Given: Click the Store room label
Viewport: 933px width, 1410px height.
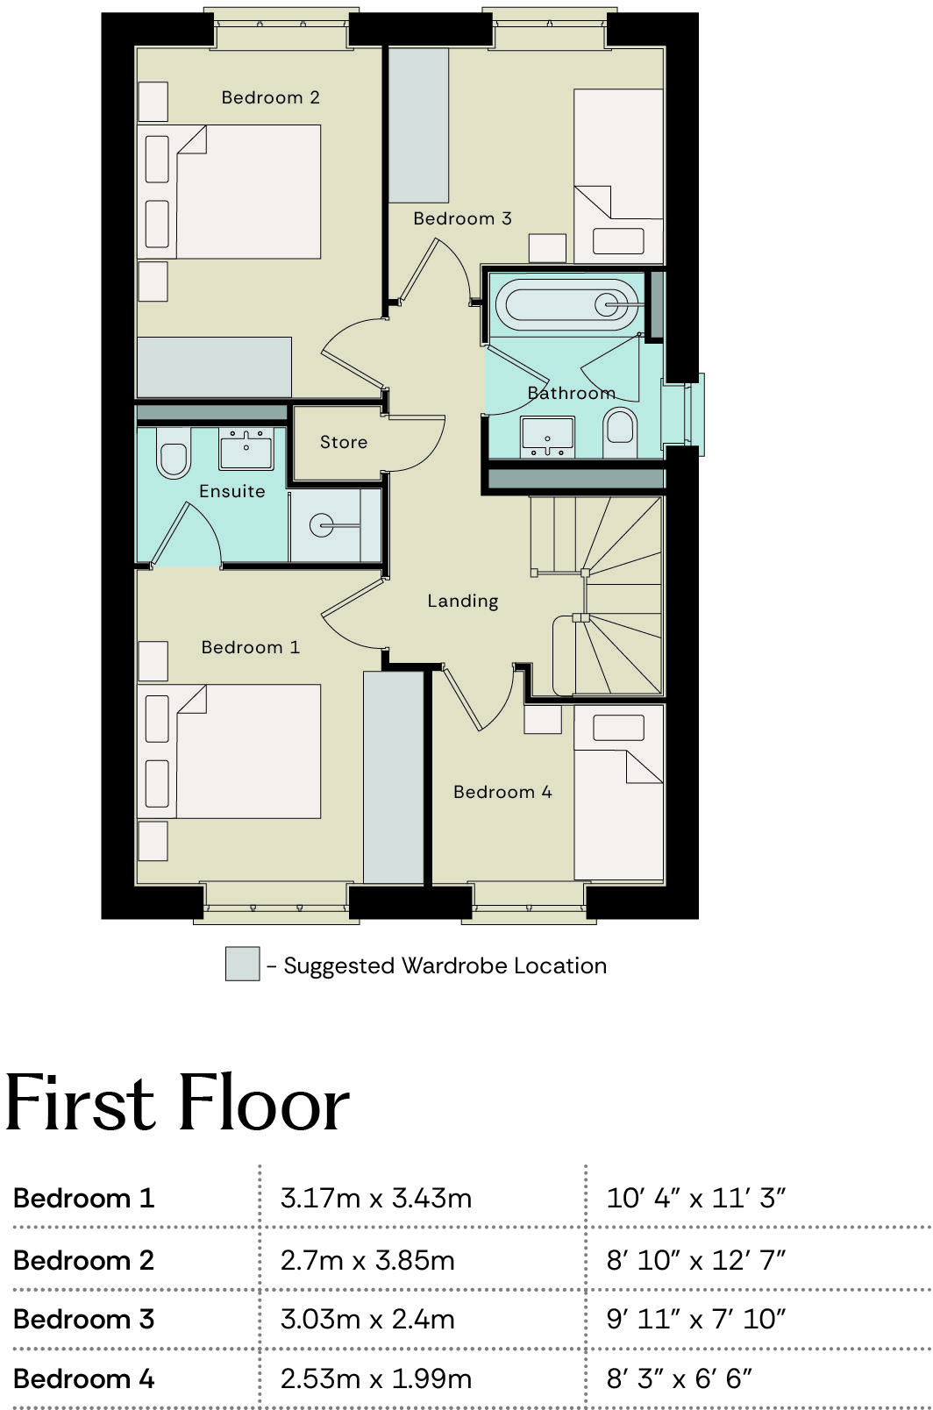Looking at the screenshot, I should click(x=343, y=442).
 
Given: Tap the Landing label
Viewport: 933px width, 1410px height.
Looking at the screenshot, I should click(x=462, y=601).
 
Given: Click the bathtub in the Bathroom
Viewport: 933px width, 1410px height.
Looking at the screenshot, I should click(x=566, y=304).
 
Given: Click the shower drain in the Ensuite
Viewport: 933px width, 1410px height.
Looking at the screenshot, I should click(x=321, y=527).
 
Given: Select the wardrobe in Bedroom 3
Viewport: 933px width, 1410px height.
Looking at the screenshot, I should click(x=418, y=125).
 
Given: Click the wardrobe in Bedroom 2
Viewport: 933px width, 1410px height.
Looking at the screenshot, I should click(x=214, y=367).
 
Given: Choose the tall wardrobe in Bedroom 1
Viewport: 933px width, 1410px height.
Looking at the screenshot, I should click(x=394, y=777).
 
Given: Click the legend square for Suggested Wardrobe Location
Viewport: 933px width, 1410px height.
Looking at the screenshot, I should click(x=242, y=964).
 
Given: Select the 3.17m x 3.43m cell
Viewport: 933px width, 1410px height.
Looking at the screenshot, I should click(x=376, y=1198).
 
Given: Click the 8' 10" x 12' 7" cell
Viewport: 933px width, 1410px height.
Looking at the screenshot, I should click(x=695, y=1260).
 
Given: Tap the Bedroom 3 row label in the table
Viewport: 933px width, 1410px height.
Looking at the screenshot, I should click(x=84, y=1319).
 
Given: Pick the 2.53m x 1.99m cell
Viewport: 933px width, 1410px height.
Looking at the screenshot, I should click(x=376, y=1378).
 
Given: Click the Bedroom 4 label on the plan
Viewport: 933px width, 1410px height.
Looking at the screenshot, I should click(x=502, y=792).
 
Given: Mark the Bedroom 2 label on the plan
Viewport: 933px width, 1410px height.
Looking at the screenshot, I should click(x=270, y=97).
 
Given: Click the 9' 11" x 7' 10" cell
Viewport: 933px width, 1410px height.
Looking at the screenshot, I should click(x=695, y=1319).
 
